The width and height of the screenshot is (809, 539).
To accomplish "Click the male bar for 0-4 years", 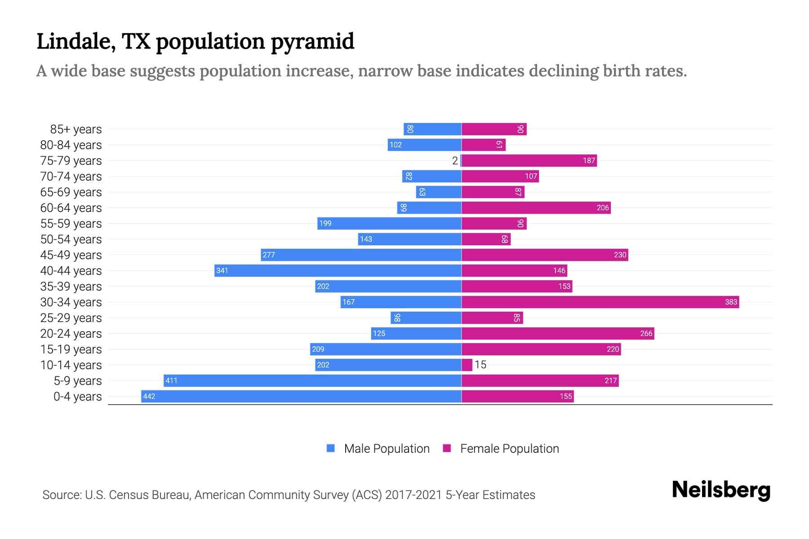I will (301, 396).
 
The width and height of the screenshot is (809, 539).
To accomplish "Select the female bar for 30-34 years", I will (600, 302).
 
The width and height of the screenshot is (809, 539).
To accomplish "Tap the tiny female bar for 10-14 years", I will (467, 365).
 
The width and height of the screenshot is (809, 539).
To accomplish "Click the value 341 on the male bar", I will (222, 270).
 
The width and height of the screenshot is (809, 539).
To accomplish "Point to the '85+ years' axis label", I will (76, 129).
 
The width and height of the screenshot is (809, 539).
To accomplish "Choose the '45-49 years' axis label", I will (71, 255).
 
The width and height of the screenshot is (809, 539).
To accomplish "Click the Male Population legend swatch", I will (331, 448).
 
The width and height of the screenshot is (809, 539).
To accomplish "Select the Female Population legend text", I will (509, 448).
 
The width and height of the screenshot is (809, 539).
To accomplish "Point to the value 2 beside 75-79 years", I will (455, 161).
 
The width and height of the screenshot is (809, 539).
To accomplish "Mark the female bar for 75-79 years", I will (529, 161).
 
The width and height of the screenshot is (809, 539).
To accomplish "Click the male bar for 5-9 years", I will (312, 380).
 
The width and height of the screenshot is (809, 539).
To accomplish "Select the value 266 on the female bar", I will (646, 333).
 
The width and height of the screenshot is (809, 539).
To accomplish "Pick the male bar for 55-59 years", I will (389, 223).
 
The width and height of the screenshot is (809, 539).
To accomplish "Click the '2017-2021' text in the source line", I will (413, 495).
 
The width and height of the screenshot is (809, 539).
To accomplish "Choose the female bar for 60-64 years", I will (536, 208).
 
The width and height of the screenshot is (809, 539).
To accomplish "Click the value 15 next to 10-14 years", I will (480, 365).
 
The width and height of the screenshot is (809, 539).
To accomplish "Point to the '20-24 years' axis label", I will (71, 334).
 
